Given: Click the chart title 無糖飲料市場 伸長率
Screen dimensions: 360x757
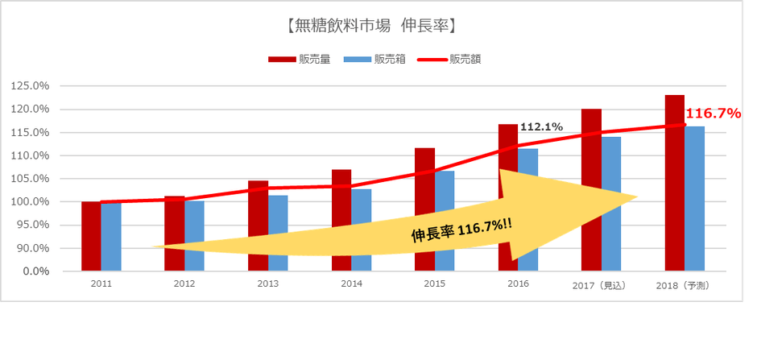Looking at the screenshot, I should (371, 26).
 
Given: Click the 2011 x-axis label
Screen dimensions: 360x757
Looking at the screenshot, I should (101, 284).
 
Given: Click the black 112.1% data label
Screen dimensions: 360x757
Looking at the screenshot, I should (541, 126).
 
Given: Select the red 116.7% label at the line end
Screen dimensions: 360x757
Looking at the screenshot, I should (713, 114).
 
